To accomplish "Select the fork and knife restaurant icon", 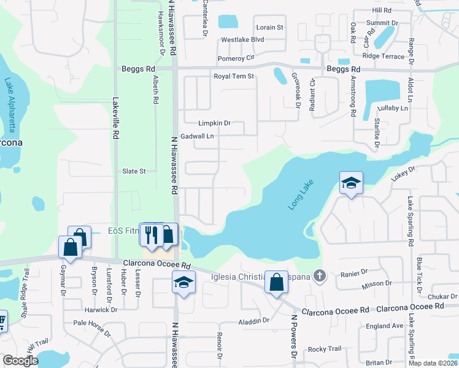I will pyautogui.click(x=150, y=235).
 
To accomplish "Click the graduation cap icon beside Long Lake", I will pyautogui.click(x=351, y=183).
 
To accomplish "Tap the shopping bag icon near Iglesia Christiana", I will pyautogui.click(x=276, y=283).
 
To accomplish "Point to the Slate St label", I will pyautogui.click(x=134, y=171).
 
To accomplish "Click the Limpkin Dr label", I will pyautogui.click(x=214, y=123).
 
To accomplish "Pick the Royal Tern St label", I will pyautogui.click(x=233, y=76).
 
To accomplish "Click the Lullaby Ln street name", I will pyautogui.click(x=393, y=108).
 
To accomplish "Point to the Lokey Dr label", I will pyautogui.click(x=403, y=174).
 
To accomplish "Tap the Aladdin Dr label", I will pyautogui.click(x=257, y=320).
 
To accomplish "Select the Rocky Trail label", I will pyautogui.click(x=325, y=349).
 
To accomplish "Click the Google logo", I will pyautogui.click(x=20, y=361).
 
